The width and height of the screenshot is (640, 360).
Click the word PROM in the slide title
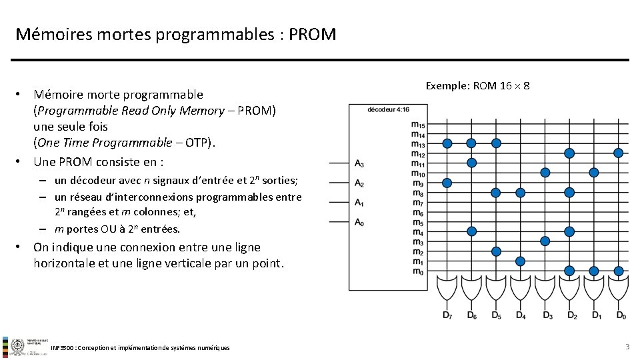(313, 33)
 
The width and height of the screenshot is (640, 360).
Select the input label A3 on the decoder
(359, 163)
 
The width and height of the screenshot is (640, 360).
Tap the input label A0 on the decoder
(359, 223)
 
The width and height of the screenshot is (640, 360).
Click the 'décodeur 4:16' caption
(389, 110)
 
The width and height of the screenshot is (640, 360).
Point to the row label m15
(418, 124)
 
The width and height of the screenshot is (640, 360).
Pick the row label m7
(418, 203)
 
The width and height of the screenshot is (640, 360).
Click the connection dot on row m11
(471, 163)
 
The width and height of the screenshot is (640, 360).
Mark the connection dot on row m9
(447, 183)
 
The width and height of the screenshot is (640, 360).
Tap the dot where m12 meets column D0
(618, 153)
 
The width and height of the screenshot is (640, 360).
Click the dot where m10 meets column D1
(594, 172)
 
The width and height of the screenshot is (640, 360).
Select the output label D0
(621, 315)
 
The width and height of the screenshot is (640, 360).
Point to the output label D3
(547, 315)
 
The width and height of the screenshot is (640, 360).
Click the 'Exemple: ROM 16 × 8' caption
(477, 86)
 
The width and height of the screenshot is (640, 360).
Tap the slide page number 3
(627, 347)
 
